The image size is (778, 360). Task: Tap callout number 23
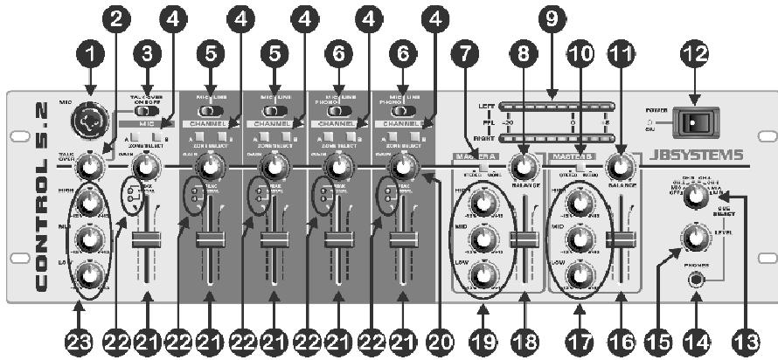tap(78, 339)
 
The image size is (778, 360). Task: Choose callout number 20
tap(441, 339)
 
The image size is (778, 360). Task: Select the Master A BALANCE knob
tap(524, 165)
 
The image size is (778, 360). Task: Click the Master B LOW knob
tap(578, 277)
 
